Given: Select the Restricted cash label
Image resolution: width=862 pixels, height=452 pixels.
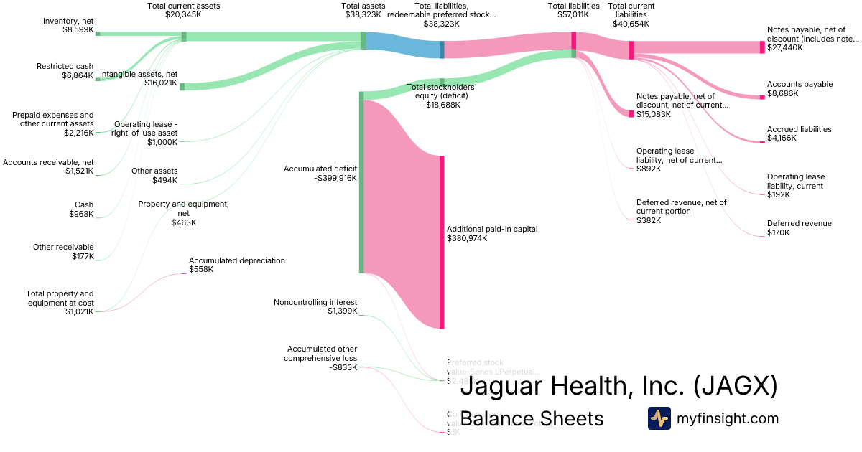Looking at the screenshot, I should coord(65,66).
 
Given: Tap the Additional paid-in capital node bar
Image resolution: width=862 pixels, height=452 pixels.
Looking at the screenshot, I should coord(442,242).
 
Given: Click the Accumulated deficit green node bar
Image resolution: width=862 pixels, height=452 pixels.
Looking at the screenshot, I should coord(361,182).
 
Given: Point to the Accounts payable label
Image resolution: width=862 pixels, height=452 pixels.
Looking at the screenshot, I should coord(800,84).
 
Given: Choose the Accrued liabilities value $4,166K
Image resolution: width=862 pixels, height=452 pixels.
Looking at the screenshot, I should coord(782,138).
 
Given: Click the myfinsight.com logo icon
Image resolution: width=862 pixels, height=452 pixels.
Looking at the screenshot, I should coord(659,418).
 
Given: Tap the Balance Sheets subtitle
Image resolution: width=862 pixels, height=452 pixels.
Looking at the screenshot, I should coord(532,418).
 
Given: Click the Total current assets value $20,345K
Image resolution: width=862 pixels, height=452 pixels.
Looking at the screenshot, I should coord(184,14).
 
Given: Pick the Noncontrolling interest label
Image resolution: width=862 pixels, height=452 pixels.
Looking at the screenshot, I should coord(315,302).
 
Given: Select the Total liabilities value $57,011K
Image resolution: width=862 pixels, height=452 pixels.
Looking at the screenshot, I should coord(573,14).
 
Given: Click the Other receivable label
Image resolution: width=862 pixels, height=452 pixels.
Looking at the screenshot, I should coord(63,247).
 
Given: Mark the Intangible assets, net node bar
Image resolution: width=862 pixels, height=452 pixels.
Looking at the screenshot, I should coord(182,87).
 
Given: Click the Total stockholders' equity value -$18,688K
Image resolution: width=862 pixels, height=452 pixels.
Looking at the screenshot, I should coord(441,105).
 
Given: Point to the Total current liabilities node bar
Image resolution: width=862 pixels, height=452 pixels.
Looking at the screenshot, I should coord(631,50).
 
